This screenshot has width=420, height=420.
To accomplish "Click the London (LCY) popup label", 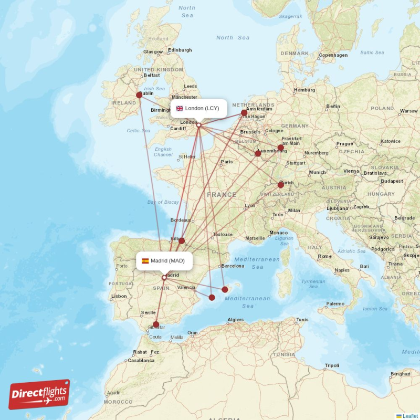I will (198, 109).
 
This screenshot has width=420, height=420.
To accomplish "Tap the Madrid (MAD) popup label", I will (163, 261).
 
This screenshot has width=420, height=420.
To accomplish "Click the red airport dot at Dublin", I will (139, 95).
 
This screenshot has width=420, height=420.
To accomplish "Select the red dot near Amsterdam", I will (244, 112).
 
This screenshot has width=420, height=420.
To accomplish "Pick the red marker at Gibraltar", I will (156, 324).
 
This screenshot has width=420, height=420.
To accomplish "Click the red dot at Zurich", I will (281, 185).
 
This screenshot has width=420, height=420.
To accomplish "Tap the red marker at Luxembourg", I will (258, 153).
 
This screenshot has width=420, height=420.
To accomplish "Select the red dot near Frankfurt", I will (281, 148).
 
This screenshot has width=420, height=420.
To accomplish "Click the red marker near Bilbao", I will (182, 240).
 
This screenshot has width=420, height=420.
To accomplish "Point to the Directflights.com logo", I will (39, 395).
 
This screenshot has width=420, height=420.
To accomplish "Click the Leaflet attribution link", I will (410, 416).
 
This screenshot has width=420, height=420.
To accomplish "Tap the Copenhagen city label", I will (333, 55).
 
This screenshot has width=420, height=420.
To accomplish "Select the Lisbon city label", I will (119, 296).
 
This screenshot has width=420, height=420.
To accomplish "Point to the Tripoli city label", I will (332, 365).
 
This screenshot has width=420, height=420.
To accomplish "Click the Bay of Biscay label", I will (163, 202).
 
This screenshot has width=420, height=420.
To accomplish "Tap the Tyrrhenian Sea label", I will (313, 284).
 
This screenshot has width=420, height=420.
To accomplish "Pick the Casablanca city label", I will (141, 361).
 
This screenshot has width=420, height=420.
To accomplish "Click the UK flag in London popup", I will (180, 109).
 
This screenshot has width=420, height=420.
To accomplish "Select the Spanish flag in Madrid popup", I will (145, 261).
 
